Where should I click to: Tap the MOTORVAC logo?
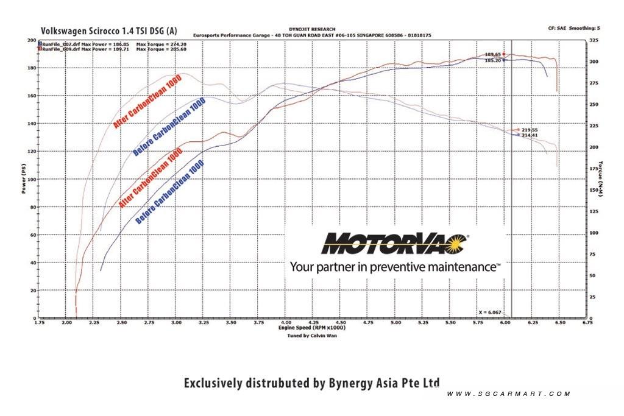(x=395, y=243)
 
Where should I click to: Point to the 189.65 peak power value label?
(x=492, y=54)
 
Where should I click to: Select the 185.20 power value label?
(x=492, y=61)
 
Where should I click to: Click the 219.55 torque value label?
(x=530, y=130)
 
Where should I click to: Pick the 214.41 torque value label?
(x=530, y=135)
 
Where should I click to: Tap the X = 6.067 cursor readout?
(x=491, y=312)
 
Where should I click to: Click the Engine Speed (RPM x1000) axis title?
(x=312, y=328)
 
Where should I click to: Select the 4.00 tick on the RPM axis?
(x=285, y=322)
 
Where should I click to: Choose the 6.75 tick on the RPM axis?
(x=587, y=322)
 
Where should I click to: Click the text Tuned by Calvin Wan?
(x=312, y=335)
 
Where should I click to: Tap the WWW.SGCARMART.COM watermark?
(x=508, y=394)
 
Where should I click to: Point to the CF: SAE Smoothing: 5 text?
(x=574, y=28)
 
